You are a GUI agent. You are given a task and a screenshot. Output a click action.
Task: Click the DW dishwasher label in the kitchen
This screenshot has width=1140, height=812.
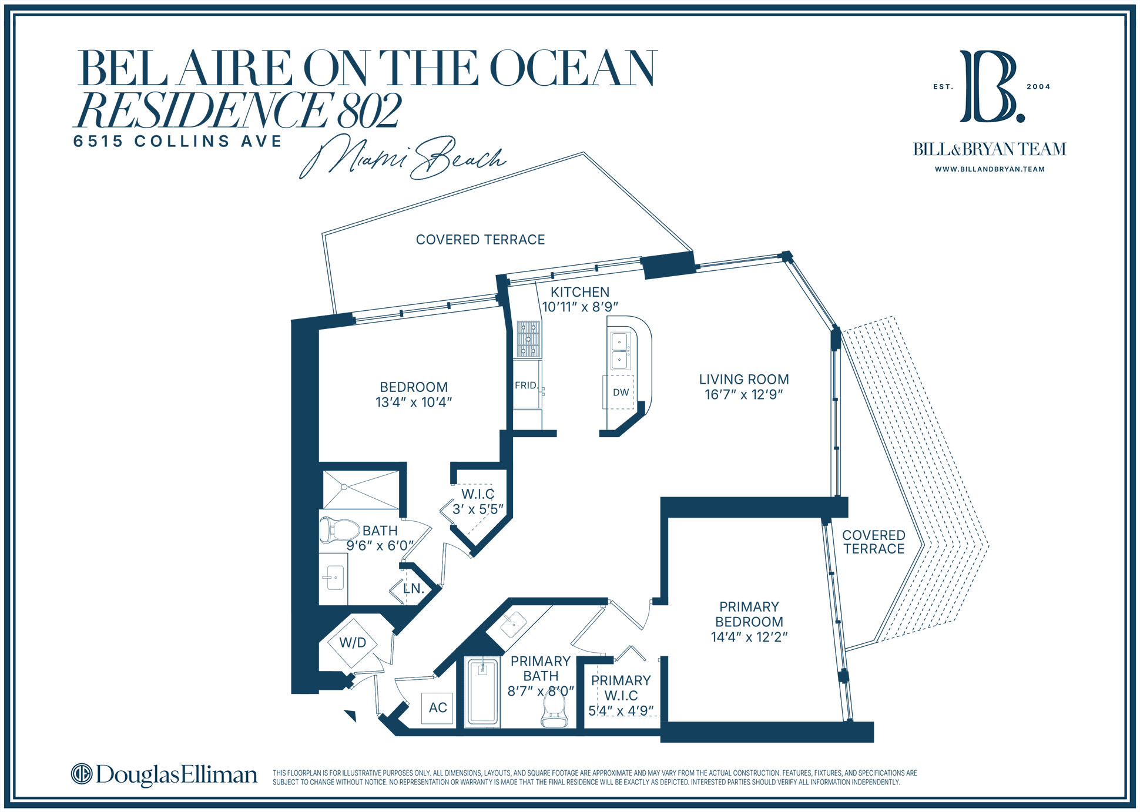pos(621,392)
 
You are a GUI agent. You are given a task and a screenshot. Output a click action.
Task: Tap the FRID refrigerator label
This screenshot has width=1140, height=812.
pos(525,385)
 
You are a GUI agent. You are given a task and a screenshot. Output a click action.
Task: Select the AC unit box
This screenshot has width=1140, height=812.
pos(438,708)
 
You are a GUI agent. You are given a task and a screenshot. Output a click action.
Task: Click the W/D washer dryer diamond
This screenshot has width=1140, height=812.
pos(353,643)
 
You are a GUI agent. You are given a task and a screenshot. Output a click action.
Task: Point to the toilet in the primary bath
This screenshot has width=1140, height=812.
pos(554,708)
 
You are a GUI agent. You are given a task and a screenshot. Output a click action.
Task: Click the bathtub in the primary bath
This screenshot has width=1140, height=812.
pos(482,693)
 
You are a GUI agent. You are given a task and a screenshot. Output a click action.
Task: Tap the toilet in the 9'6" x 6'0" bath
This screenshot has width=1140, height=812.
pos(339,530)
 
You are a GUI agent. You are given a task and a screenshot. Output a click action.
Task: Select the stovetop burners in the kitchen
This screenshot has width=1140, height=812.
pos(528,340)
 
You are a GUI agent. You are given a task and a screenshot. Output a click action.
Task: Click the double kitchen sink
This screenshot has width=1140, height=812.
pos(620,351)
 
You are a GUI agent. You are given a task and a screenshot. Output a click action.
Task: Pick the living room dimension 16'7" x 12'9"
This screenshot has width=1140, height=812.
pos(744,395)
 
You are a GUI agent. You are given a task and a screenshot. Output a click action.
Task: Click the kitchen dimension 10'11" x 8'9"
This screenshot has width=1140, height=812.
pos(580,307)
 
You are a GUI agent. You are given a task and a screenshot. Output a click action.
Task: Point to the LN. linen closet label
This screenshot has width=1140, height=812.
pos(414,589)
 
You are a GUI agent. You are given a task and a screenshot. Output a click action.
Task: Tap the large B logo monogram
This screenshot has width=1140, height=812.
pos(991,86)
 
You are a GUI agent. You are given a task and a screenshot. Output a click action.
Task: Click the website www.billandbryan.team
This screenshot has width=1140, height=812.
pos(990,169)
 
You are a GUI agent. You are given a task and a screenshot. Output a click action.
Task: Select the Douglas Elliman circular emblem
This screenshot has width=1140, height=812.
pos(82,774)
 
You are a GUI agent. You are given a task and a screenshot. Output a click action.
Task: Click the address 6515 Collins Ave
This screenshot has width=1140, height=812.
pos(177,142)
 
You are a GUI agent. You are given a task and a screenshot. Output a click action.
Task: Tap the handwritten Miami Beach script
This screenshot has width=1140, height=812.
pos(402,157)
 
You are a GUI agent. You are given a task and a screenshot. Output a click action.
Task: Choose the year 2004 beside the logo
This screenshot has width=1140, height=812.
pos(1038,86)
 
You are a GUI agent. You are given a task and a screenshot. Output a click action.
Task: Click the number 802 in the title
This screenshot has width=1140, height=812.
pos(370,110)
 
